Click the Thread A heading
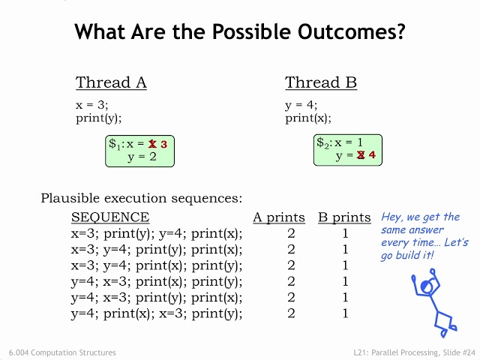(x=111, y=82)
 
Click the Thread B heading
(x=321, y=82)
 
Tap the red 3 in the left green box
(x=163, y=144)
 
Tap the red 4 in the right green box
(x=372, y=154)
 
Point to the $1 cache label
(x=115, y=144)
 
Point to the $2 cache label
(x=323, y=142)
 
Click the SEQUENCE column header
(x=110, y=217)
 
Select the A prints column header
(x=279, y=217)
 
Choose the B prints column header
(x=344, y=217)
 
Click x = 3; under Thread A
(x=91, y=105)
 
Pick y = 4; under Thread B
(x=301, y=106)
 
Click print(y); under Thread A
(x=98, y=118)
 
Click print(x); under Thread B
(x=308, y=118)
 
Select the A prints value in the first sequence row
(x=291, y=233)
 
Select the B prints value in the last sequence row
(x=345, y=313)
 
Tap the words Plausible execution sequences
(x=142, y=198)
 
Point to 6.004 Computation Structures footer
(x=62, y=352)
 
